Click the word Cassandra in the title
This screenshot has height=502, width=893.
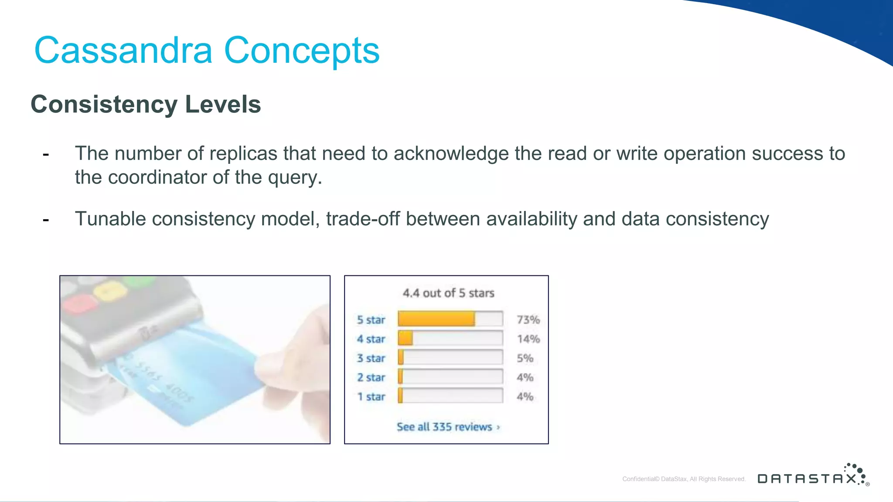(123, 51)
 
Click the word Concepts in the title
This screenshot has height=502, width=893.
(302, 51)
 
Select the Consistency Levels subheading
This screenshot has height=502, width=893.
(146, 105)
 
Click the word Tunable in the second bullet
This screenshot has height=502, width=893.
(110, 219)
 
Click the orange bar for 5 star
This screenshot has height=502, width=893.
(436, 319)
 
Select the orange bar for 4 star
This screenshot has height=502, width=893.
(406, 338)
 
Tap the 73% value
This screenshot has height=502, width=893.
(528, 320)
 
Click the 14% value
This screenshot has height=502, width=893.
(528, 339)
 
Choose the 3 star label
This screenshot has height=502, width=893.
(371, 358)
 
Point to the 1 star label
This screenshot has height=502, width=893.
(371, 397)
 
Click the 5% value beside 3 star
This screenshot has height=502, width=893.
(525, 358)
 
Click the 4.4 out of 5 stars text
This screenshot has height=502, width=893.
(448, 293)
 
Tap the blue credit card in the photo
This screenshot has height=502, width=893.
(187, 370)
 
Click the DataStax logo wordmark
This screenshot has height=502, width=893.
(807, 479)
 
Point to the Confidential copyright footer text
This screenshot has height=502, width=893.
(684, 479)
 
